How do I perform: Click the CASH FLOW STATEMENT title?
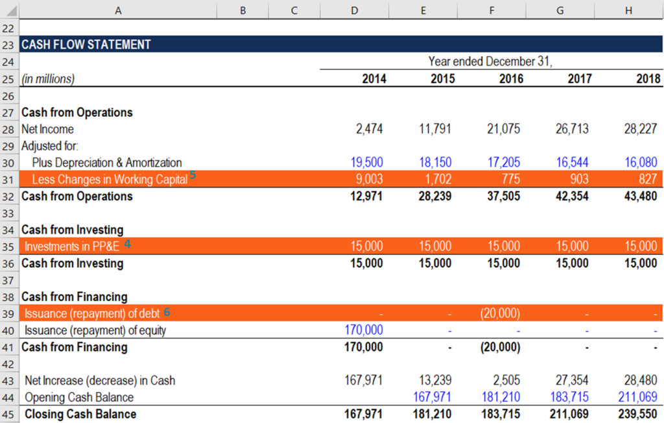tap(86, 45)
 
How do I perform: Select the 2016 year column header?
tap(506, 79)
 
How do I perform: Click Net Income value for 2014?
tap(369, 129)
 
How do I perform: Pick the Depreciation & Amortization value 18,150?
tap(434, 163)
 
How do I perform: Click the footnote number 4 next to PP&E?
tap(128, 244)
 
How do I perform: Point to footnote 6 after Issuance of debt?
tap(167, 312)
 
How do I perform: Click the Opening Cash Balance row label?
tap(78, 398)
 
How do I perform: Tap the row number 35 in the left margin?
tap(9, 247)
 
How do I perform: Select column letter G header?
tap(560, 10)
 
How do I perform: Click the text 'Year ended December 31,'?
tap(491, 62)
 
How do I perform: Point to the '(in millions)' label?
tap(48, 79)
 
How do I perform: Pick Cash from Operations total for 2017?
tap(571, 197)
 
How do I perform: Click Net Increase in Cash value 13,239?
tap(434, 380)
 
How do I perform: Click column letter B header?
tap(243, 10)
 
